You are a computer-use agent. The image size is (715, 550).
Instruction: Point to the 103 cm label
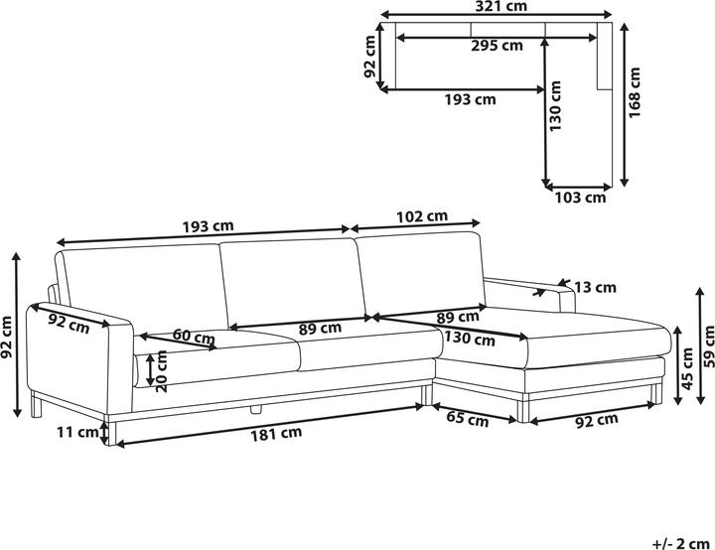pyautogui.click(x=579, y=198)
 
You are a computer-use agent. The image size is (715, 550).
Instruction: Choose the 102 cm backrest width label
pyautogui.click(x=421, y=215)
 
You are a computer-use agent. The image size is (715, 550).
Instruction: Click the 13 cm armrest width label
pyautogui.click(x=596, y=288)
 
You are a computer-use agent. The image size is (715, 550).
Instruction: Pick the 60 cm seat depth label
pyautogui.click(x=194, y=337)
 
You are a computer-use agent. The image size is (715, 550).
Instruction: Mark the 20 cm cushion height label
pyautogui.click(x=148, y=368)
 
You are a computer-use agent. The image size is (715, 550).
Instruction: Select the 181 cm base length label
pyautogui.click(x=277, y=433)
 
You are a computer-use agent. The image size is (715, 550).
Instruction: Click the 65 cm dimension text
pyautogui.click(x=466, y=420)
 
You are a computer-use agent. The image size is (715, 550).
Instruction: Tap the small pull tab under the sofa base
pyautogui.click(x=255, y=407)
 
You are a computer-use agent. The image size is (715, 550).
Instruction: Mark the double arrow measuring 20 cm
pyautogui.click(x=135, y=368)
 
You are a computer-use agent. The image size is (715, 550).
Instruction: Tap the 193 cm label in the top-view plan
pyautogui.click(x=470, y=99)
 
